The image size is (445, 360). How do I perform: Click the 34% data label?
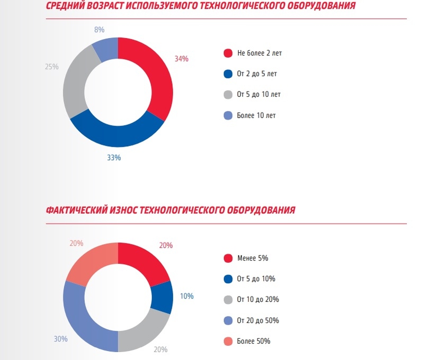click(x=181, y=59)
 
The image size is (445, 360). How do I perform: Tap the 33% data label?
click(x=114, y=157)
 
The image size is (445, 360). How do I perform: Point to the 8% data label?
click(x=99, y=30)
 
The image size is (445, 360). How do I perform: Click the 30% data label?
click(x=60, y=339)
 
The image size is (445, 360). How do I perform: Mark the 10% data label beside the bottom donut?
click(x=186, y=296)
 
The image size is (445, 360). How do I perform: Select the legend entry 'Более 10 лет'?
click(x=256, y=115)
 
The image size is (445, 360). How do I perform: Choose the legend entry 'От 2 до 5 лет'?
click(x=256, y=74)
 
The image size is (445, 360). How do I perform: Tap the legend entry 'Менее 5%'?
click(x=253, y=258)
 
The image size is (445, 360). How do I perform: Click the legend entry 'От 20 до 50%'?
click(x=257, y=320)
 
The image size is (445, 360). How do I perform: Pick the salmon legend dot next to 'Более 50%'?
click(x=228, y=341)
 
